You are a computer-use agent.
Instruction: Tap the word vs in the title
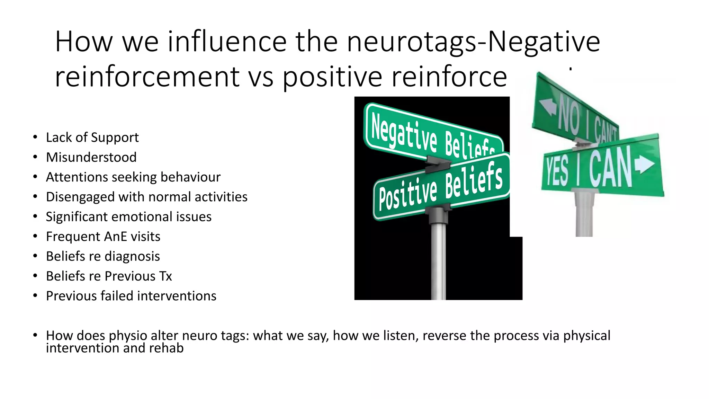(x=261, y=77)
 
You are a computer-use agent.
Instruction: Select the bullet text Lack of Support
(x=92, y=138)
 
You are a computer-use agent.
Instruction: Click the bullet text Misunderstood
(x=91, y=157)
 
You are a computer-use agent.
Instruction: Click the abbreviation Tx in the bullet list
(x=165, y=276)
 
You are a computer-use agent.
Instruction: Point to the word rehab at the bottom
(x=166, y=348)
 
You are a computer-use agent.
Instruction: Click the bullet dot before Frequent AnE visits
(x=35, y=236)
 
